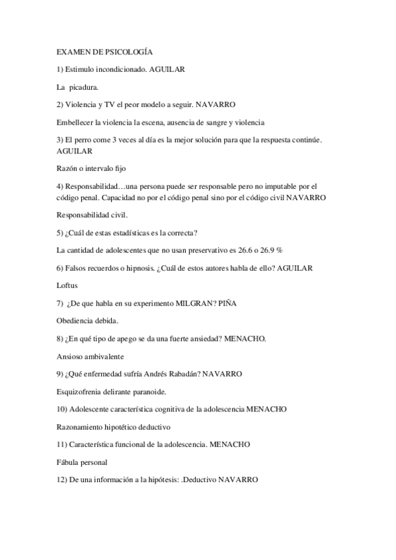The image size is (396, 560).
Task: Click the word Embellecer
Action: (x=76, y=122)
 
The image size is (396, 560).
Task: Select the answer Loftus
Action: (x=67, y=285)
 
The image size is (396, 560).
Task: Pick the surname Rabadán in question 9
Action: (x=180, y=374)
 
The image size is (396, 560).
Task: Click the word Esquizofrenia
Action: (x=82, y=392)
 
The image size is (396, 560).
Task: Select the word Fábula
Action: (x=69, y=462)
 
